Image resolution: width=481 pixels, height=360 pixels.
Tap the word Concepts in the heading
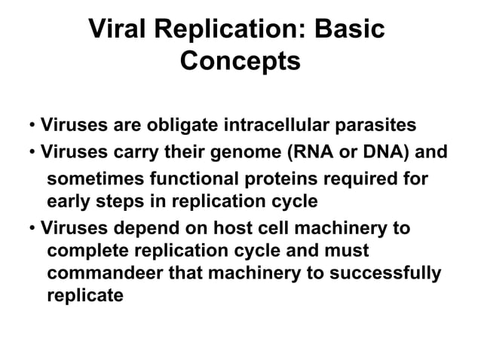[x=240, y=61]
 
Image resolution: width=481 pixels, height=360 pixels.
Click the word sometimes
[x=94, y=180]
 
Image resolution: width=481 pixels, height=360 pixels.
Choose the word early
[x=69, y=202]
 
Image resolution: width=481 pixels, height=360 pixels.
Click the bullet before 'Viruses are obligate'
[x=33, y=125]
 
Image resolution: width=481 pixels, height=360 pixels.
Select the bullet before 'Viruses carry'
[x=33, y=153]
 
